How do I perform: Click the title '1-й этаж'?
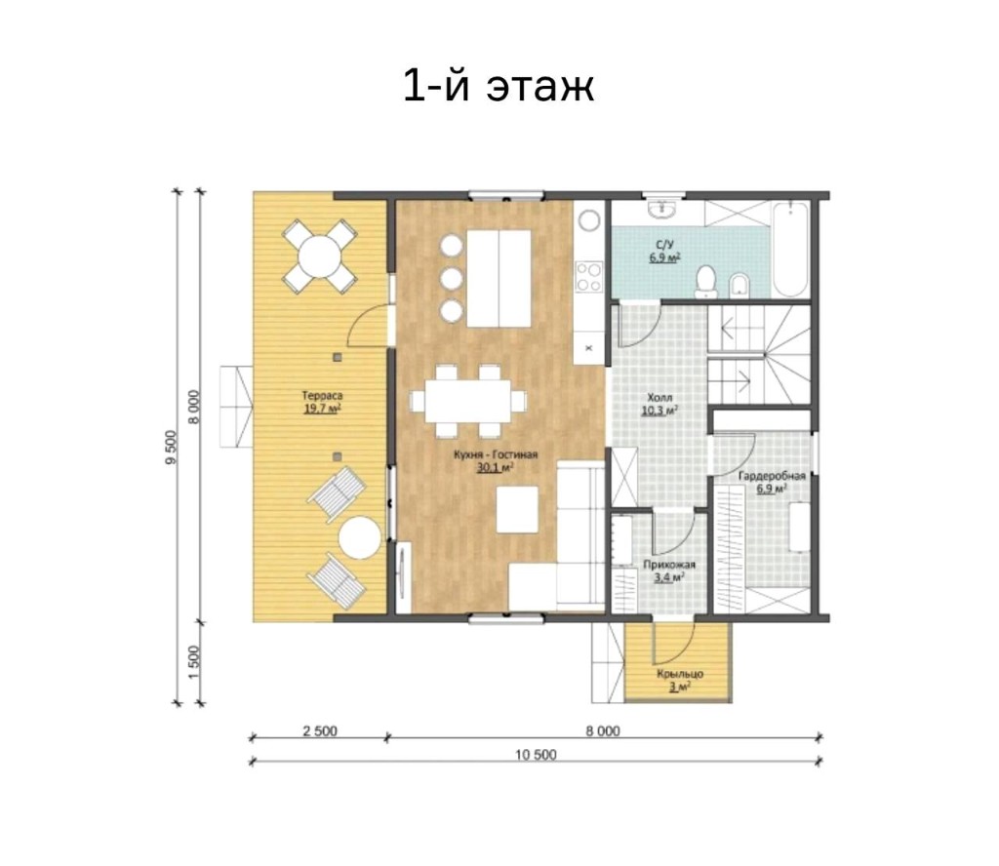point(499,86)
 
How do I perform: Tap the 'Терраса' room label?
point(322,396)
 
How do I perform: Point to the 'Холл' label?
point(659,397)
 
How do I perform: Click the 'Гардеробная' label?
point(772,476)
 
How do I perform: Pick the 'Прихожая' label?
point(669,565)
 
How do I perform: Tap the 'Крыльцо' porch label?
point(680,674)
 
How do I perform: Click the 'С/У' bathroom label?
point(664,245)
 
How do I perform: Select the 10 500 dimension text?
point(536,755)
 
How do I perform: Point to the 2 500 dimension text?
point(319,731)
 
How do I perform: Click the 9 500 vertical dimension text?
point(170,448)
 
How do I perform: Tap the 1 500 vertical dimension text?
point(194,662)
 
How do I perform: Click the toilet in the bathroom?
point(704,283)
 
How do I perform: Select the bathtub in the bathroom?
point(790,251)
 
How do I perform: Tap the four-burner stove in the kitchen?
point(588,276)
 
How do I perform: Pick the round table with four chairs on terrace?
point(319,256)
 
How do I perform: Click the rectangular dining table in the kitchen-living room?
point(468,401)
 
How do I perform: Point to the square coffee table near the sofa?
point(517,509)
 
